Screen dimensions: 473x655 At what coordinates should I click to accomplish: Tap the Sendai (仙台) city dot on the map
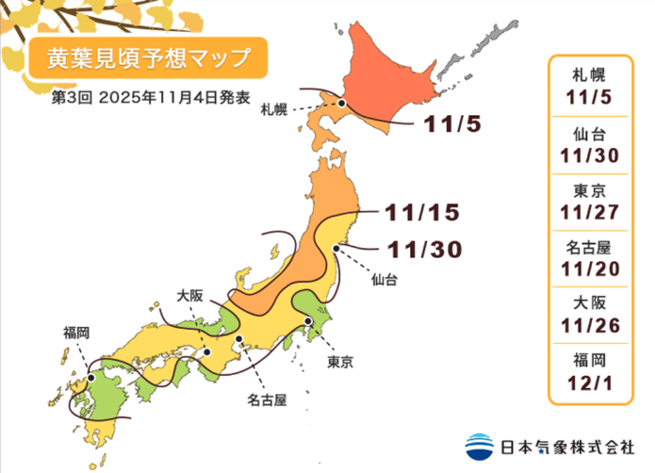click(336, 248)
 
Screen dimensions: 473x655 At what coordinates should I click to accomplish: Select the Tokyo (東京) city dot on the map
click(308, 321)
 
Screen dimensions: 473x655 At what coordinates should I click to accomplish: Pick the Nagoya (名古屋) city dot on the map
click(239, 339)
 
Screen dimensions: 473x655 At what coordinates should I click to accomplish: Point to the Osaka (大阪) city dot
click(207, 352)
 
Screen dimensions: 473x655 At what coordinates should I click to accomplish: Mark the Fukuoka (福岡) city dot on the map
click(92, 378)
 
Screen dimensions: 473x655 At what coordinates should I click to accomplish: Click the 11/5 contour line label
click(452, 125)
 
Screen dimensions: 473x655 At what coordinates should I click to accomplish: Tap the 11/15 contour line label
click(422, 213)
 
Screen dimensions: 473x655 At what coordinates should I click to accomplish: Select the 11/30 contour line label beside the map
click(425, 250)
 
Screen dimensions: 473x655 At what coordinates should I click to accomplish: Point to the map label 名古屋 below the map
click(267, 399)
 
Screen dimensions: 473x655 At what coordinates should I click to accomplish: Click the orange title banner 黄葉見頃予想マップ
click(148, 58)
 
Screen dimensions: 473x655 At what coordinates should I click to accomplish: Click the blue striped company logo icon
click(480, 447)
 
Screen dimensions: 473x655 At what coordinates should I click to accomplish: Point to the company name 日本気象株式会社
click(567, 447)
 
